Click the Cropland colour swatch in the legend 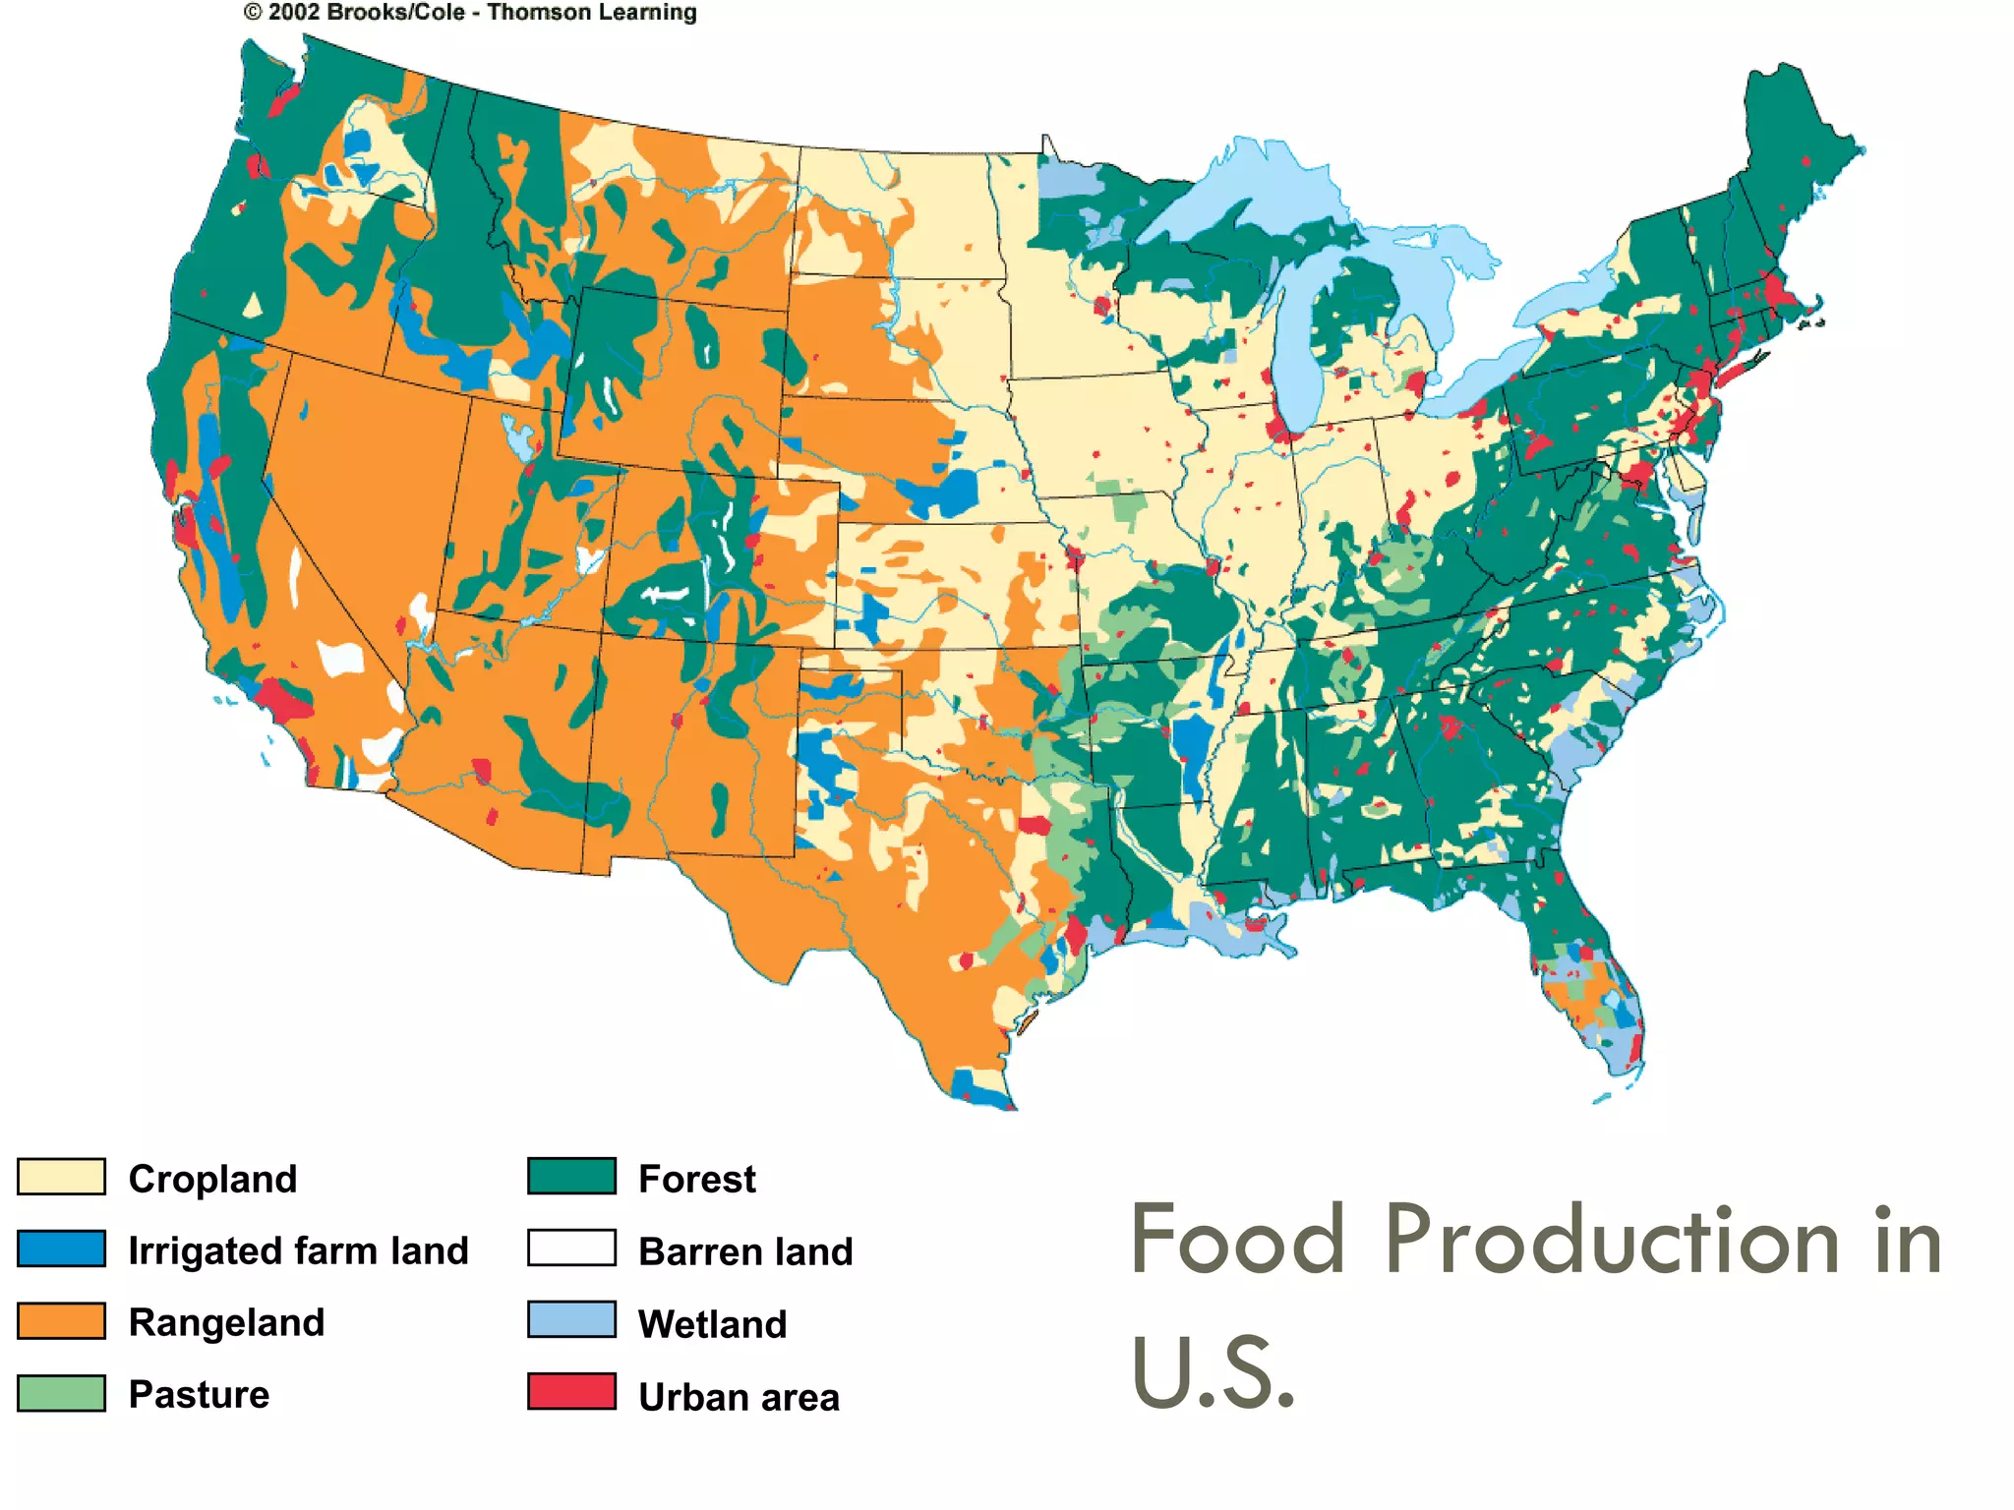tap(61, 1177)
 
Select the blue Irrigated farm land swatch tap(61, 1249)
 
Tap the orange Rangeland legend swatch tap(61, 1321)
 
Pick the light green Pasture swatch tap(61, 1393)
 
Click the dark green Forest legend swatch tap(571, 1176)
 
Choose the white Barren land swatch tap(571, 1248)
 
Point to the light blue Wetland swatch tap(571, 1320)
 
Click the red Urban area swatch tap(571, 1392)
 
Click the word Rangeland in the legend tap(226, 1323)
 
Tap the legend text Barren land tap(745, 1251)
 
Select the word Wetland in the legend tap(712, 1324)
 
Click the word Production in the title tap(1612, 1241)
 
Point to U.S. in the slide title tap(1213, 1372)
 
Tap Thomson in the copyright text tap(539, 13)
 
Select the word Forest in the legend tap(696, 1179)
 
